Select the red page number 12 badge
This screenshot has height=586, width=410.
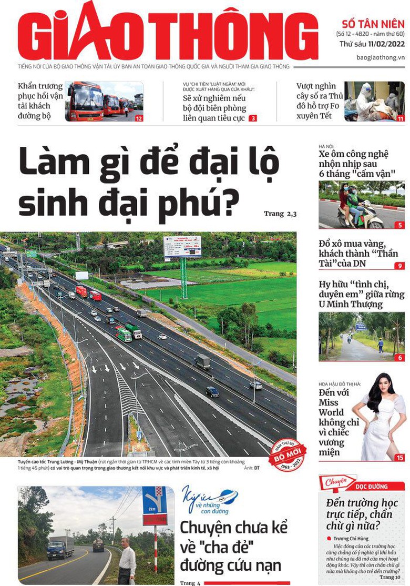139,118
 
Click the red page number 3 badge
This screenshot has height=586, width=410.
253,118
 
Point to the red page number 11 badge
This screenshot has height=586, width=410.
401,118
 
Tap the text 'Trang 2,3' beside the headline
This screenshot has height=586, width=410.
280,213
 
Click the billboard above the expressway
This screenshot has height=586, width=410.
182,246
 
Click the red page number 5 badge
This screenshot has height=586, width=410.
401,225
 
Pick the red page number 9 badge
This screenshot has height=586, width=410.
401,266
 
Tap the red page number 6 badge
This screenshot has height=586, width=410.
401,358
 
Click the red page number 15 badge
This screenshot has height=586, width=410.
400,458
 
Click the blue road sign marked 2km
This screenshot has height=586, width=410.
154,499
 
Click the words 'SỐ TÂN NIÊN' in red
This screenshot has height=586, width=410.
373,24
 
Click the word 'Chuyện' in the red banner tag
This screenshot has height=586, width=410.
336,482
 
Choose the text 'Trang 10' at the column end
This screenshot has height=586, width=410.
389,577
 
